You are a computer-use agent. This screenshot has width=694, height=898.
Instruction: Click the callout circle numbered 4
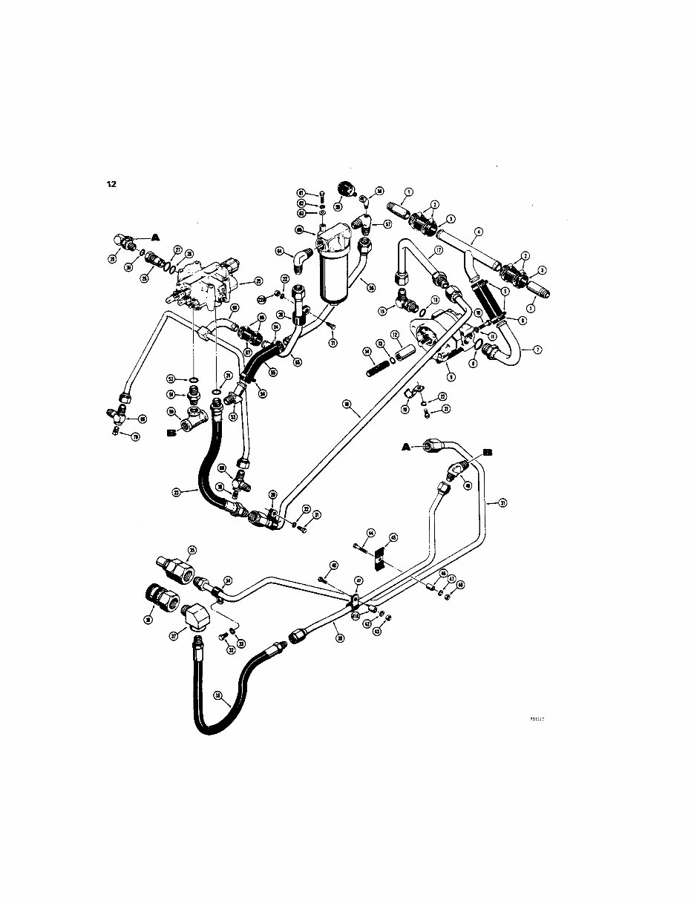click(479, 231)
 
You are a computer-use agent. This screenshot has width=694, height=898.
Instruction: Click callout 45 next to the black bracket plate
click(393, 537)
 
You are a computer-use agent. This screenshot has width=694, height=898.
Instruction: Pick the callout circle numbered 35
click(191, 550)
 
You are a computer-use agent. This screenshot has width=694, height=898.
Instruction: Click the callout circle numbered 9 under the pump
click(451, 377)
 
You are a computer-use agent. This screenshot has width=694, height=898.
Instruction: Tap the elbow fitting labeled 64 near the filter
click(302, 258)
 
